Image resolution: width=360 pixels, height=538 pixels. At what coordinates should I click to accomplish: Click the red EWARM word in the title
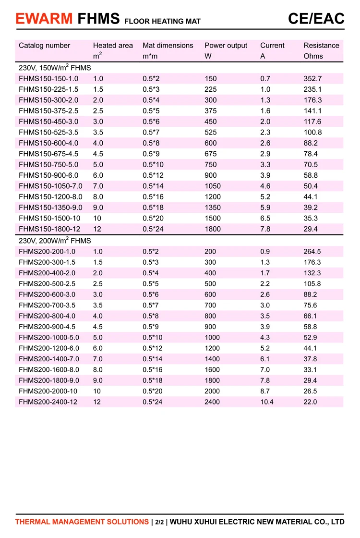point(44,19)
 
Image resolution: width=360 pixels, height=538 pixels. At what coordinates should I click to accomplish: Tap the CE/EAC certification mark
point(316,18)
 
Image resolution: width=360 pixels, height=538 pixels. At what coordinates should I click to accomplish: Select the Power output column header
point(226,46)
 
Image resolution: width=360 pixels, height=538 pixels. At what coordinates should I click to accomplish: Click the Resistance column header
point(321,46)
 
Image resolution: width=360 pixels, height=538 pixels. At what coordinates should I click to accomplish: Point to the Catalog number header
point(44,46)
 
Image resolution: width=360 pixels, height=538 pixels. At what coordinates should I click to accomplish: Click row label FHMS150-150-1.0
point(48,78)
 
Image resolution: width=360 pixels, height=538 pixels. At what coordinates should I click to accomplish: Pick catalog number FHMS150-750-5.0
point(48,164)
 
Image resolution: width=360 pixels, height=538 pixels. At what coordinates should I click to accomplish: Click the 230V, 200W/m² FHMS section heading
point(55,240)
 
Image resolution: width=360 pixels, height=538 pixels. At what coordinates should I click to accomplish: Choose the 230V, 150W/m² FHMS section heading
point(55,68)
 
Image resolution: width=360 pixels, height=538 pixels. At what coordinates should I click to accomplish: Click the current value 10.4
point(267,402)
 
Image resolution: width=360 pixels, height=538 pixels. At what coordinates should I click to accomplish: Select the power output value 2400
point(213,402)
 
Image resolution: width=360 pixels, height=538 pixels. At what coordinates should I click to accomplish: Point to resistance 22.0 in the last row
point(311,402)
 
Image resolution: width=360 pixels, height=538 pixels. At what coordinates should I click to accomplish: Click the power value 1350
point(213,208)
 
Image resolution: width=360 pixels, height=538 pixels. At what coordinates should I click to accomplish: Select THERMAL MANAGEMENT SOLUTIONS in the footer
point(82,522)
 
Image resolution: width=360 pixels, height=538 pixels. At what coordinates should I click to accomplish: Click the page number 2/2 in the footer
point(159,522)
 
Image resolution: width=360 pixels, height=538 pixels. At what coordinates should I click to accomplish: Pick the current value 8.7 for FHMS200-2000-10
point(265,391)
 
